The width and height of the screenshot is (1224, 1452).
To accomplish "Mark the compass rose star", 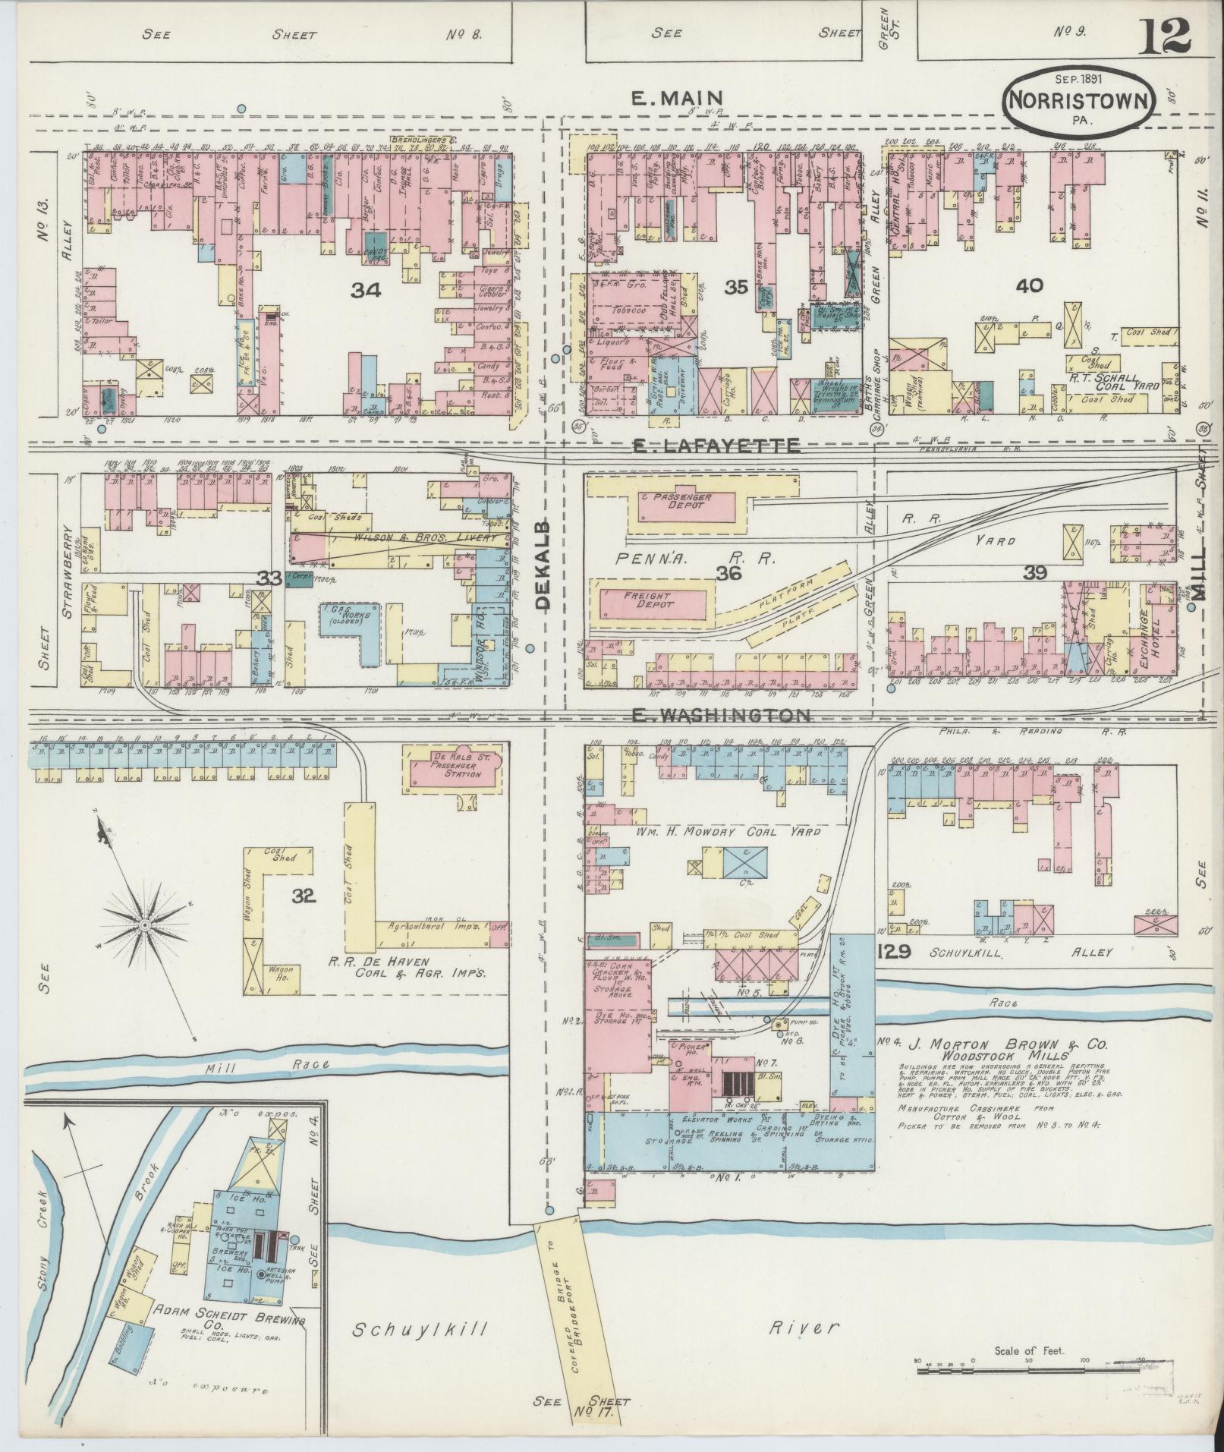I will (144, 924).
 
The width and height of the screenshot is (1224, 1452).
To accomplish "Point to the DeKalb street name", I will (543, 565).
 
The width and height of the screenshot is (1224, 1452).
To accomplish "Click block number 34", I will (367, 290).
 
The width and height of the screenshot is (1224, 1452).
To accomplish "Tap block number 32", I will (304, 896).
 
